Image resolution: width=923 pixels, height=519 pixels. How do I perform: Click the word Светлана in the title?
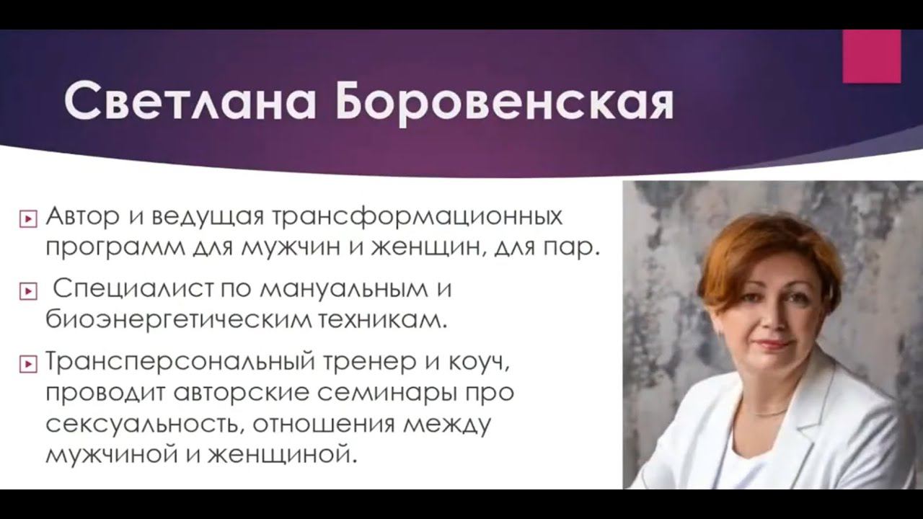(190, 102)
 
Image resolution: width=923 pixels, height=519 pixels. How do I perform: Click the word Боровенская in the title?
(504, 102)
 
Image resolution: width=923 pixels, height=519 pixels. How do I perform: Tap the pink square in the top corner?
(872, 56)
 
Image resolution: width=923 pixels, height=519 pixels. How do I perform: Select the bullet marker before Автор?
(28, 218)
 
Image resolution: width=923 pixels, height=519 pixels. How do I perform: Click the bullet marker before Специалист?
(28, 291)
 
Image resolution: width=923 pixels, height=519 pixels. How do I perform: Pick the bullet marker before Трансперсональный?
(28, 364)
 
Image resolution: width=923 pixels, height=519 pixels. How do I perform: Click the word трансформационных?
(417, 217)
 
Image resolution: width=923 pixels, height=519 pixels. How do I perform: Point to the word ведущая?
(208, 218)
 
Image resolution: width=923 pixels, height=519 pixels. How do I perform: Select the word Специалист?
(134, 290)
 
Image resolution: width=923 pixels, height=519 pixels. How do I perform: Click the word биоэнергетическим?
(178, 320)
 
